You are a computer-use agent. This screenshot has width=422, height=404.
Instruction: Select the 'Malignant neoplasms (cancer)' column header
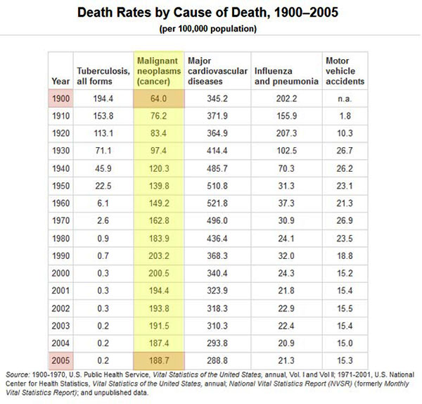[x=158, y=72]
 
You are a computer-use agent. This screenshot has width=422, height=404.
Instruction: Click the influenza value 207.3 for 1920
[x=285, y=134]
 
